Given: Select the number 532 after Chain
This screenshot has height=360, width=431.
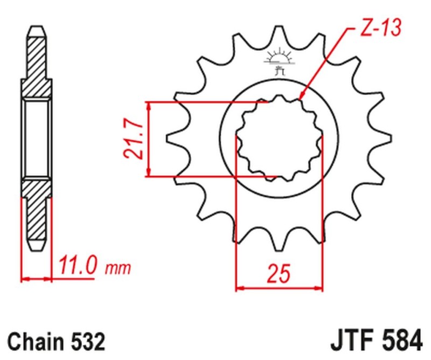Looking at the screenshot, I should click(85, 342).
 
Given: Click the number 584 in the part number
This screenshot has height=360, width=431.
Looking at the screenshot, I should click(401, 342).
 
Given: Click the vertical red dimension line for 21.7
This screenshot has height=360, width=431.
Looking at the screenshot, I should click(149, 139).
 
